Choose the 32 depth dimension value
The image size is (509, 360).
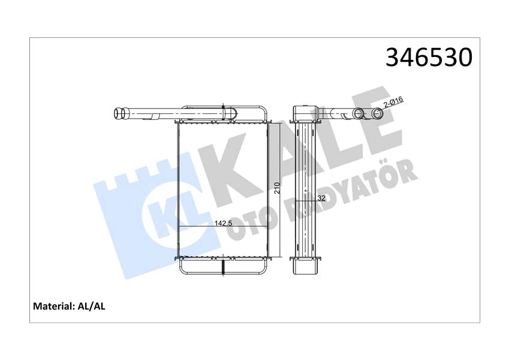(321, 196)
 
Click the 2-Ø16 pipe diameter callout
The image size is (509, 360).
(393, 104)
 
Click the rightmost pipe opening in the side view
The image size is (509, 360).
(378, 113)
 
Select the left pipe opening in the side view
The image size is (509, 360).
(360, 113)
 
